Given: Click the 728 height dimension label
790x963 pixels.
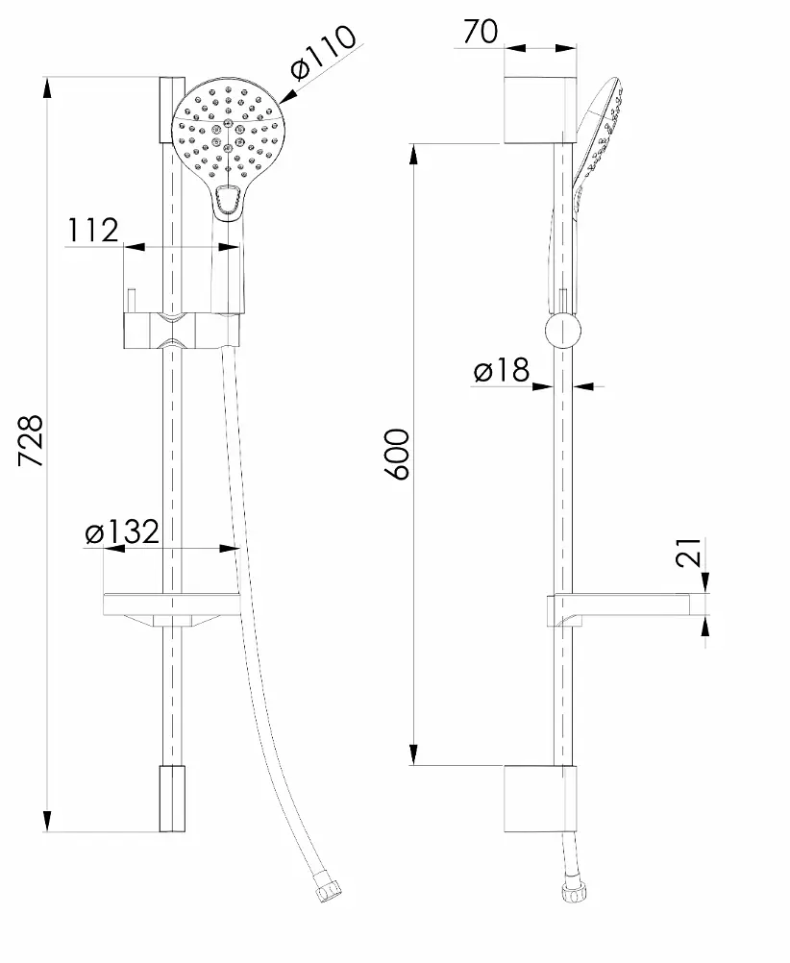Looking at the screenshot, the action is pos(31,440).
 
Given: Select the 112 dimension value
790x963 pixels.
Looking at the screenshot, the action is pos(92,231).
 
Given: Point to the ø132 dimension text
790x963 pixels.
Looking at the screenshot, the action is pos(122,531).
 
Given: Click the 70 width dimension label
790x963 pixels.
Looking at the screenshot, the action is pos(481,32).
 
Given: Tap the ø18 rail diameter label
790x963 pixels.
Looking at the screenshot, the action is pos(502,370).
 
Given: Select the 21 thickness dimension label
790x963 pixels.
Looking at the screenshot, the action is pos(688,552).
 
